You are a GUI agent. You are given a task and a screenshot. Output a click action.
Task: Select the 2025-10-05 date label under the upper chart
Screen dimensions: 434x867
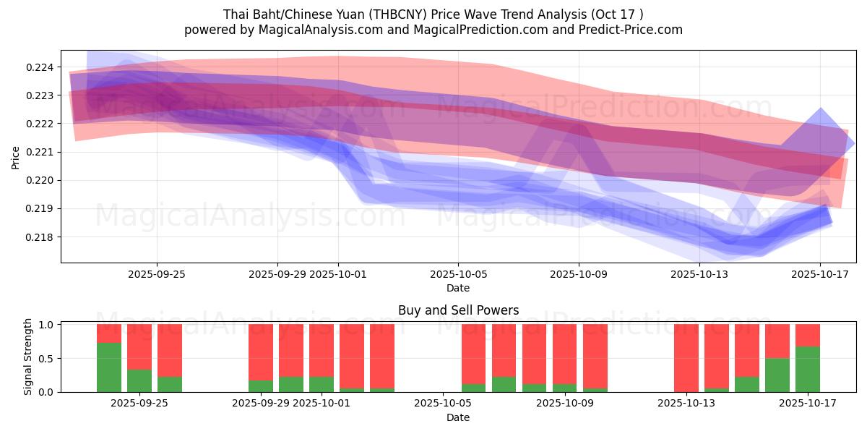click(x=457, y=275)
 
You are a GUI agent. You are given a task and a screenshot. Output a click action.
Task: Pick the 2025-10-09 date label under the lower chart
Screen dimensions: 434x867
click(x=579, y=404)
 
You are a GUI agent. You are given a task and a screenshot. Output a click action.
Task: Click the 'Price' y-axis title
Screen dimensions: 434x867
click(x=16, y=156)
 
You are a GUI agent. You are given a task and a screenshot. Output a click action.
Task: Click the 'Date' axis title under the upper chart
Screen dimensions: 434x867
click(x=458, y=288)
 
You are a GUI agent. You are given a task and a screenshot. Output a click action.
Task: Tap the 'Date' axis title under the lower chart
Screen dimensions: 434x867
click(x=458, y=417)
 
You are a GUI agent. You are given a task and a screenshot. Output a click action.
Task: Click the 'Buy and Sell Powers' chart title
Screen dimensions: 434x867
click(x=458, y=310)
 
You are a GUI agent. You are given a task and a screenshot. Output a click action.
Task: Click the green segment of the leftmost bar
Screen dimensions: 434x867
click(x=109, y=367)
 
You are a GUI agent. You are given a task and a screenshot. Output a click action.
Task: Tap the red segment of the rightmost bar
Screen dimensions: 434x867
click(x=808, y=335)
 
